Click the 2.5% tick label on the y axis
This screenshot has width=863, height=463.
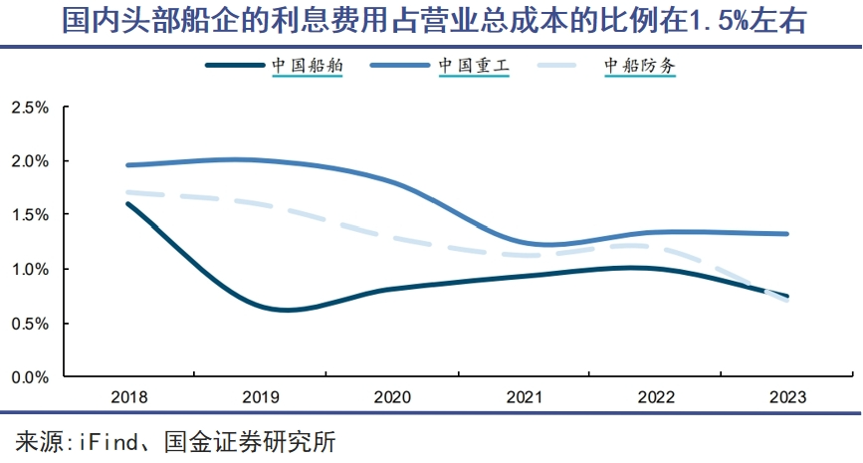coord(30,108)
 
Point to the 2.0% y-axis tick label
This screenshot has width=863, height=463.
coord(30,161)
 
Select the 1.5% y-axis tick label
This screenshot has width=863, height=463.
coord(30,215)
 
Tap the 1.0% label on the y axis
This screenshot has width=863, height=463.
coord(30,269)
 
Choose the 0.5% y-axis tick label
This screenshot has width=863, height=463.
coord(30,324)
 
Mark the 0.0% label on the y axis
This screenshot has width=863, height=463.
coord(30,377)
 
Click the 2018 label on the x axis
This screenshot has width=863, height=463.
coord(129,397)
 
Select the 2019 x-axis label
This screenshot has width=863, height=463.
coord(261,397)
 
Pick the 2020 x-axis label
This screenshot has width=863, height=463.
coord(392,397)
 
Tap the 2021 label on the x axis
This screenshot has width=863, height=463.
coord(525,397)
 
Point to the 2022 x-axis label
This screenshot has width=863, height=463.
coord(656,397)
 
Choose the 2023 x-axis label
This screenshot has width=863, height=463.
coord(787,397)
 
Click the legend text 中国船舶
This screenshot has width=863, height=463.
coord(308,66)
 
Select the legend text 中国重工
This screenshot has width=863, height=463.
coord(474,66)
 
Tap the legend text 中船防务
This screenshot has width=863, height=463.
coord(640,66)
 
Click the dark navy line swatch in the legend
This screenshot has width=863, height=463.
coord(235,65)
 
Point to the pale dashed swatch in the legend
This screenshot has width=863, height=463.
coord(557,65)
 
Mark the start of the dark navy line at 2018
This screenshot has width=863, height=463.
coord(128,204)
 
